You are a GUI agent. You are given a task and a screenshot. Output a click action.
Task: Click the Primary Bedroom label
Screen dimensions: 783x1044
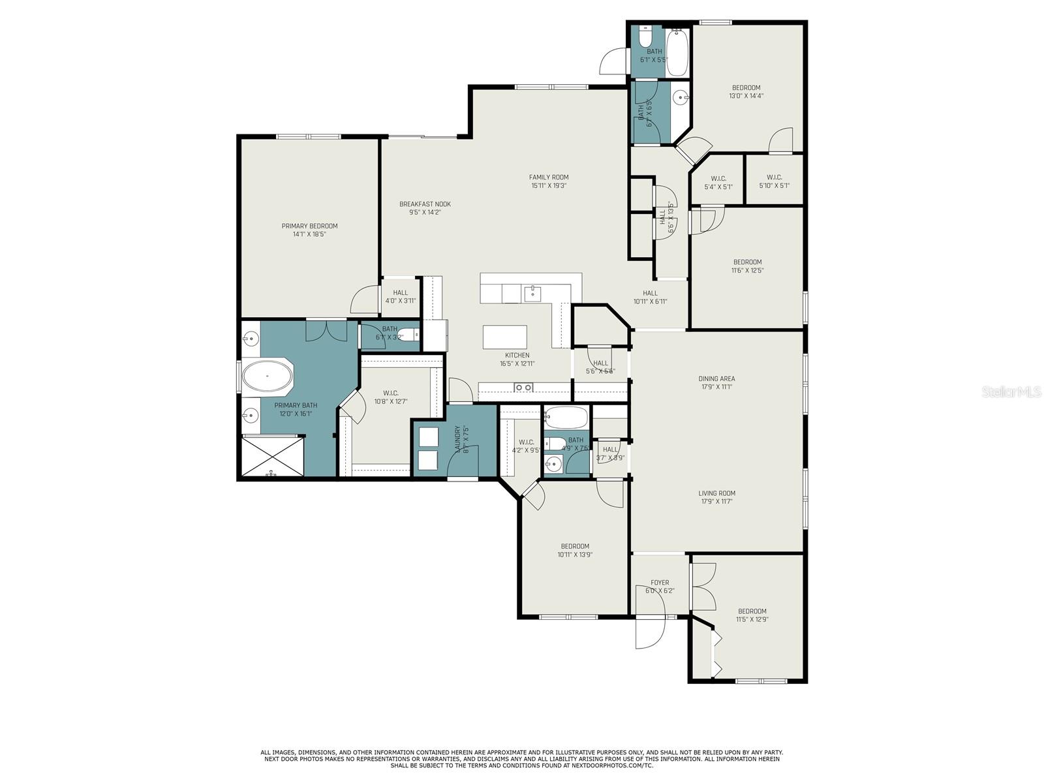pos(309,226)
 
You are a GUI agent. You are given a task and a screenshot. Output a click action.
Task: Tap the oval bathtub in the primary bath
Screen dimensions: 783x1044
pos(267,376)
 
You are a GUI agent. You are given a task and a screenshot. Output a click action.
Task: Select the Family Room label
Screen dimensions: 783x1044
pos(548,177)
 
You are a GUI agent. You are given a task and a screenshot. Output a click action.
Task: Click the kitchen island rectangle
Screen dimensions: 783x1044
pos(504,337)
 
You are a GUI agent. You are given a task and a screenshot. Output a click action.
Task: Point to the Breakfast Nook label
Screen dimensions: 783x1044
pos(425,204)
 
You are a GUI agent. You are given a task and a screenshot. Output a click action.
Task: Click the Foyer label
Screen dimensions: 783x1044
pos(660,583)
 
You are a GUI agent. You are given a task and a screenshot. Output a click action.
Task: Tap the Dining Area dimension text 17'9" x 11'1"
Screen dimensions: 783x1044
pos(716,387)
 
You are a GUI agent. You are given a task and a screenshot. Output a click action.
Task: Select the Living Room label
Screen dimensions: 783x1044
pos(716,493)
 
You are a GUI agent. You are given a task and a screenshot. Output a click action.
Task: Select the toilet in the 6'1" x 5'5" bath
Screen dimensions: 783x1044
pos(645,37)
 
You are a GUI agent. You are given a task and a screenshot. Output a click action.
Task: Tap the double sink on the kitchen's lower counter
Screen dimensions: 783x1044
pos(523,388)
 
